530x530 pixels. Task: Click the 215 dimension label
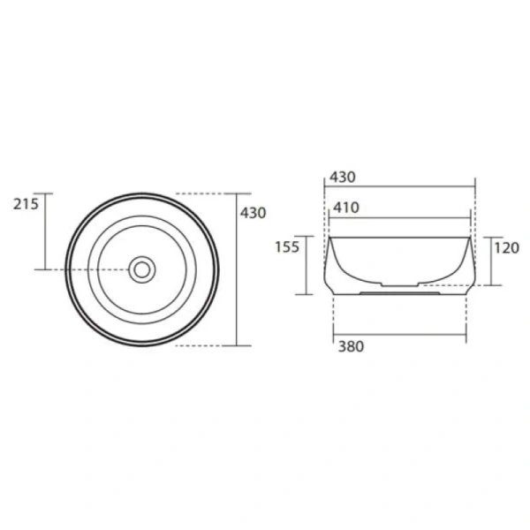(x=26, y=204)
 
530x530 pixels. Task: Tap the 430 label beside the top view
(x=254, y=213)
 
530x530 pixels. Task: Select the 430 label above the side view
(x=343, y=178)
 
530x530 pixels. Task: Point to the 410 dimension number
(x=346, y=208)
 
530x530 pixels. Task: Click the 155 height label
(x=287, y=247)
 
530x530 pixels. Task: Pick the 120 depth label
(x=507, y=248)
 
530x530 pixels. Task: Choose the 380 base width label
(x=352, y=346)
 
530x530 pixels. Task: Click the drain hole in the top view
(x=142, y=269)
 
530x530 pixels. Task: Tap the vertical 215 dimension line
(x=45, y=231)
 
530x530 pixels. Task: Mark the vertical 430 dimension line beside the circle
(x=237, y=269)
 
